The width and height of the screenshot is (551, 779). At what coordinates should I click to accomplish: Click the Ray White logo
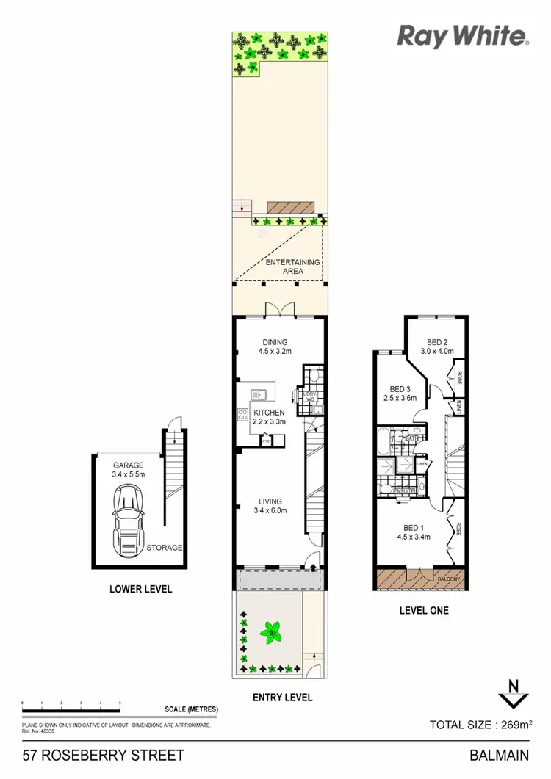[463, 36]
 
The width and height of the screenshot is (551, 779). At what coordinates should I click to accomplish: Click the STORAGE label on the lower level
[164, 548]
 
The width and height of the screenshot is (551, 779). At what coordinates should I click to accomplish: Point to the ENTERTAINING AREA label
[293, 267]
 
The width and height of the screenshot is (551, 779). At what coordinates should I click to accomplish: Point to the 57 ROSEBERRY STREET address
[103, 756]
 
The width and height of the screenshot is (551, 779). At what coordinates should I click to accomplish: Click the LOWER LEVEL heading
[140, 589]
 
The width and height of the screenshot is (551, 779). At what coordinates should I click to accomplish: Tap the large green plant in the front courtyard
[273, 630]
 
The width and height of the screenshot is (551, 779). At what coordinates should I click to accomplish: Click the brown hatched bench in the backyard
[292, 209]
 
